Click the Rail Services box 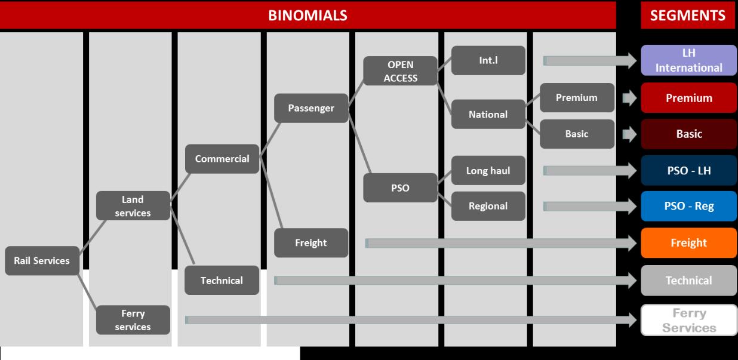coord(42,261)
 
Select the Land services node coord(133,206)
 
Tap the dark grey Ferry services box coord(133,320)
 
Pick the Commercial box coord(222,159)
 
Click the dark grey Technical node coord(222,281)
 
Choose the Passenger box coord(310,109)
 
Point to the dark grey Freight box coord(310,243)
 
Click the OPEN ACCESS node coord(401,71)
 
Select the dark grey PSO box coord(401,188)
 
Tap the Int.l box coord(488,60)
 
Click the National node coord(488,115)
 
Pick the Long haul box coord(488,171)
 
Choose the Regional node coord(488,207)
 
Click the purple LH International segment coord(688,60)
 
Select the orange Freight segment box coord(688,243)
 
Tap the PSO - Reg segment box coord(688,207)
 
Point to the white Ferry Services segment coord(688,321)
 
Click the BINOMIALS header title coord(307,16)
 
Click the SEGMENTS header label coord(688,16)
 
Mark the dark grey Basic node coord(577,134)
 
